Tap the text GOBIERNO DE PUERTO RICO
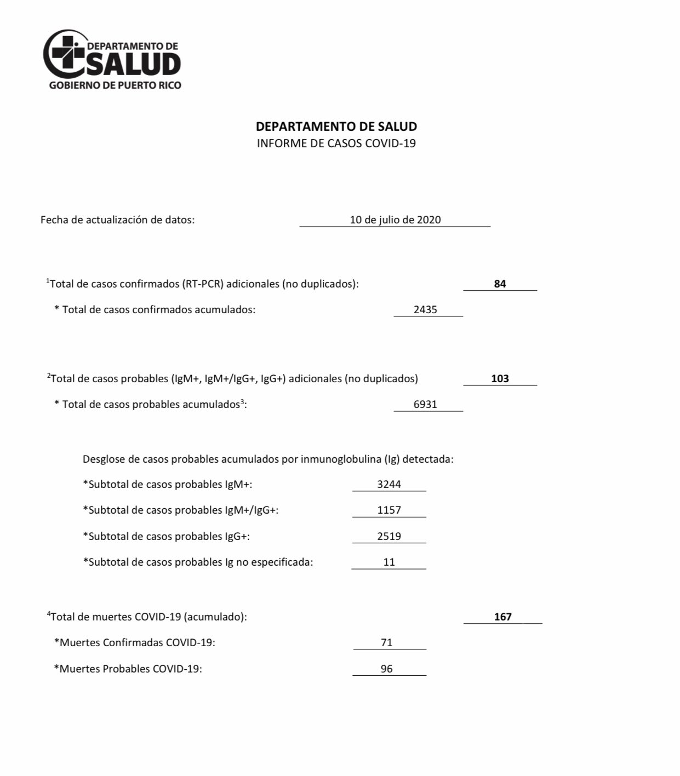tap(115, 85)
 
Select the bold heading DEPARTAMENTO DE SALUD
tap(336, 127)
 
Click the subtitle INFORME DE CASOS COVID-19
tap(336, 143)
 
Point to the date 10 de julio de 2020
tap(395, 220)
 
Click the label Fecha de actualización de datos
tap(117, 220)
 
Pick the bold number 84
tap(500, 284)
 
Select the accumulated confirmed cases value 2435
tap(425, 310)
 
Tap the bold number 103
tap(500, 379)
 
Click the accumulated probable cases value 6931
tap(425, 405)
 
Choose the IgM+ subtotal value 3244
tap(389, 485)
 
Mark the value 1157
tap(389, 510)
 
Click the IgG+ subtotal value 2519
tap(389, 537)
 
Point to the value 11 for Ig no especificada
tap(389, 562)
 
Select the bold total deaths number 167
tap(502, 617)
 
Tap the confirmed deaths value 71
tap(387, 643)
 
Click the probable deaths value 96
tap(387, 669)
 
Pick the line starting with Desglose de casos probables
tap(268, 459)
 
